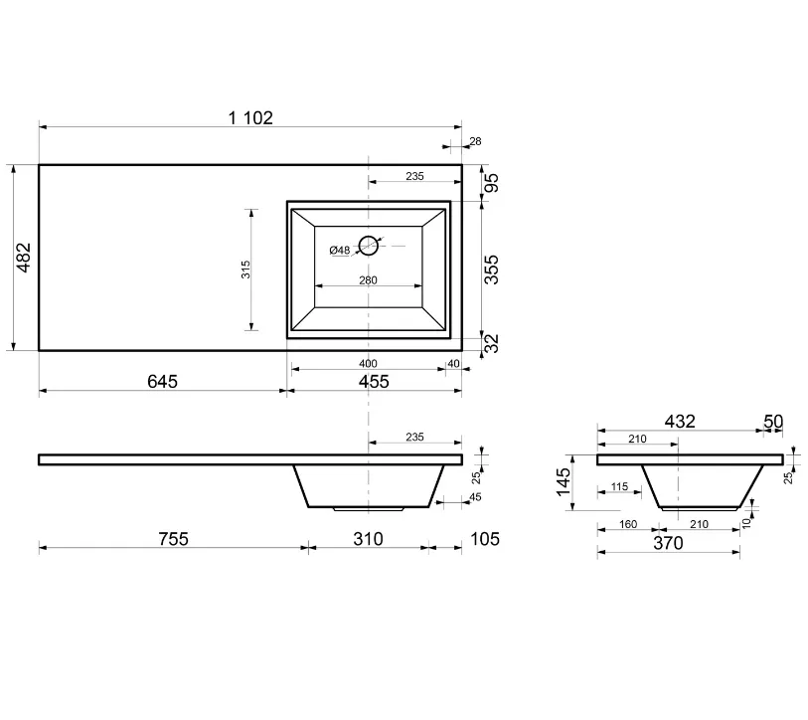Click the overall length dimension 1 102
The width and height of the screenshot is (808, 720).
pos(250,118)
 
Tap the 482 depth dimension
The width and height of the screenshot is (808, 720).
pos(24,258)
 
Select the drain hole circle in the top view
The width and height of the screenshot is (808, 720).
pos(369,246)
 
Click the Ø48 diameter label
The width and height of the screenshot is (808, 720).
pos(340,251)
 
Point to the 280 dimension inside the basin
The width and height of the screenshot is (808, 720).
pos(368,280)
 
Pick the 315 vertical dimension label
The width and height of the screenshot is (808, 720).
pos(245,270)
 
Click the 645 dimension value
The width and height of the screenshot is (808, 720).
pos(162,381)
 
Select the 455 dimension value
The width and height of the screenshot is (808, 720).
pos(374,382)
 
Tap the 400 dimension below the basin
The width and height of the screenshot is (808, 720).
pos(368,364)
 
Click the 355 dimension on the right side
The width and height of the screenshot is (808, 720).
pos(492,270)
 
